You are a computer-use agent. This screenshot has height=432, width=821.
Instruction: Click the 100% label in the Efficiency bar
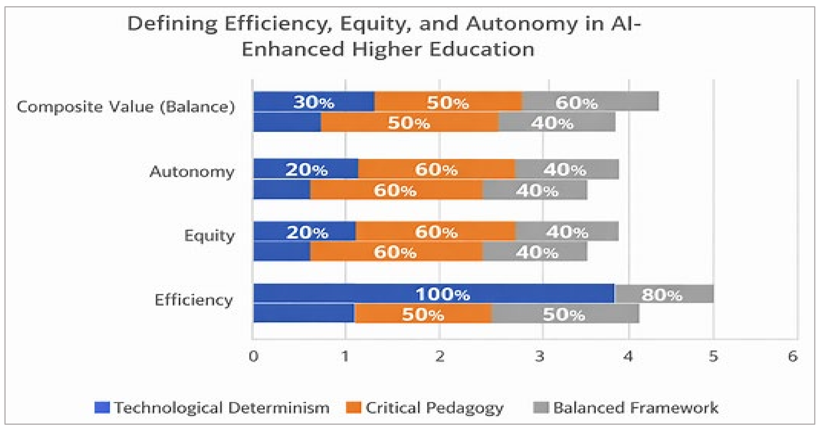point(443,294)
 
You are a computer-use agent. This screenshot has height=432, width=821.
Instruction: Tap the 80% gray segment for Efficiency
point(664,293)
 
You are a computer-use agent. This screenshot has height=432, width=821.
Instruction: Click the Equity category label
point(209,236)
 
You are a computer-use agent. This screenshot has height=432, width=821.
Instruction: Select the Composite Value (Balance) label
point(126,107)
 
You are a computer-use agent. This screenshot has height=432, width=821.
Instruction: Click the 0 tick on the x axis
point(253,356)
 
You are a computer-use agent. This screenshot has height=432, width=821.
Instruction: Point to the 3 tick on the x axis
point(540,356)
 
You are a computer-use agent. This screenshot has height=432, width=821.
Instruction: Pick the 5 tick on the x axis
point(713,356)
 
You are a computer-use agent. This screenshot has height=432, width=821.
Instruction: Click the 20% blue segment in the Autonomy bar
point(306,169)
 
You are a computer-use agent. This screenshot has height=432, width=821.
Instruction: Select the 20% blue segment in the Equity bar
point(305,231)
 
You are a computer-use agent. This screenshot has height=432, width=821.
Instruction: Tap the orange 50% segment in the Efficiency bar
point(423,314)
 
